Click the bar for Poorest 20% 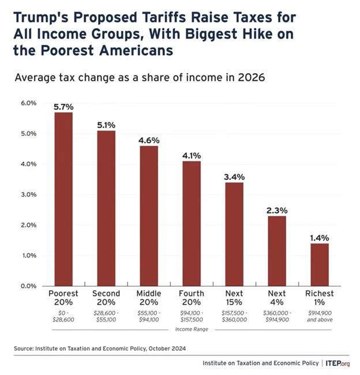tap(63, 199)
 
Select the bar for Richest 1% tap(319, 264)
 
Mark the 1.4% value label tap(319, 237)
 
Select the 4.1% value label tap(192, 155)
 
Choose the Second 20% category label tap(106, 298)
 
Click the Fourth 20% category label tap(192, 298)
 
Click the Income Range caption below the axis tap(191, 329)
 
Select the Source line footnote tap(101, 348)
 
